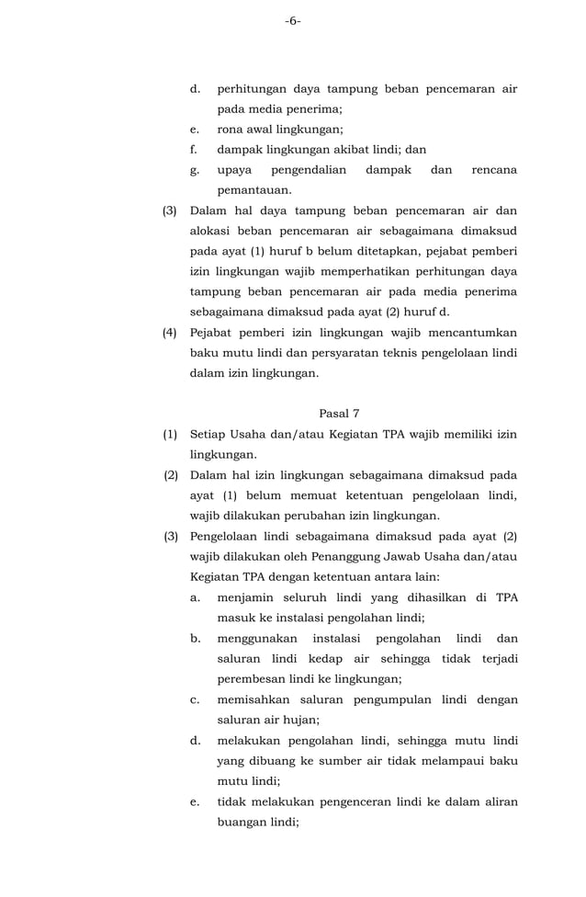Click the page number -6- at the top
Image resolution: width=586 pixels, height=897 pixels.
[292, 20]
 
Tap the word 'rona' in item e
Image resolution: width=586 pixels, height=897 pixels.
[230, 130]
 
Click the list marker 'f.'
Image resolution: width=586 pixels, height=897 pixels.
[195, 150]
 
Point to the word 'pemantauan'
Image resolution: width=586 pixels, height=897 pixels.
[253, 190]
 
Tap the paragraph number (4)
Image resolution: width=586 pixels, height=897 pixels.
[170, 333]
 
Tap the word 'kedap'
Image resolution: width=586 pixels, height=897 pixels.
[317, 659]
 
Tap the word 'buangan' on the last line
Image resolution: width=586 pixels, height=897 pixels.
[242, 823]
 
